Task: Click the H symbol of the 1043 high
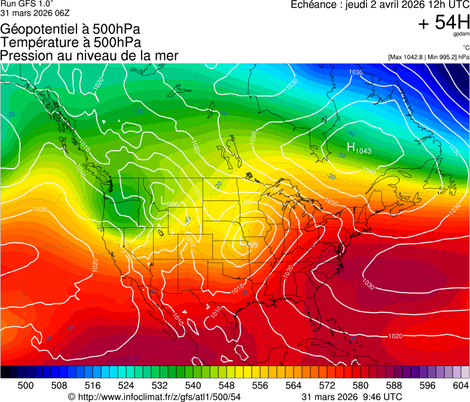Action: tap(352, 147)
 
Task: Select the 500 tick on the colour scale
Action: tap(26, 385)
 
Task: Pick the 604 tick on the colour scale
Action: tap(461, 385)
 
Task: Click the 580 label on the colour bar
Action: tap(361, 385)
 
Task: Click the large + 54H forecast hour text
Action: tap(444, 23)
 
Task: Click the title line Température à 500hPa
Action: tap(71, 42)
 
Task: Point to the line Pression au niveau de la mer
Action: tap(89, 56)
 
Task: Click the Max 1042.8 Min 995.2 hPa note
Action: tap(428, 57)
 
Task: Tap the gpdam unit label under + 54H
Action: tap(461, 35)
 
